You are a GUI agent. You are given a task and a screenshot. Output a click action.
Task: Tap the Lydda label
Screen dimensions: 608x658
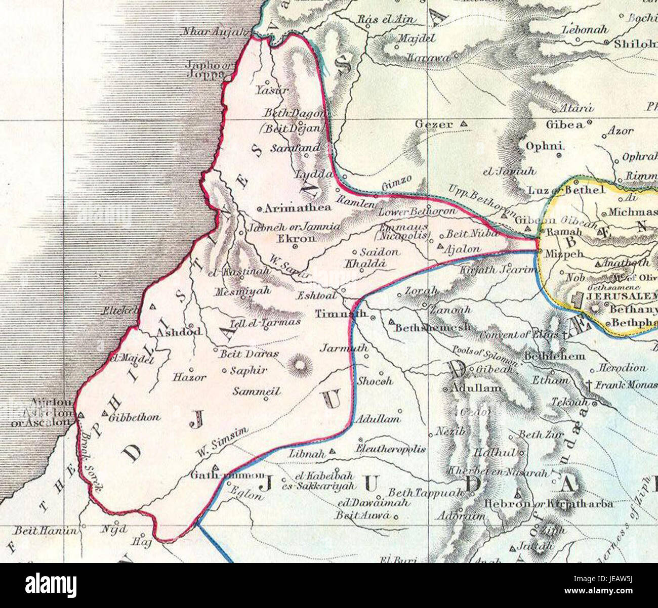click(x=314, y=175)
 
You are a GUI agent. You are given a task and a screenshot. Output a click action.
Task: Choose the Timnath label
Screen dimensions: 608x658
click(x=341, y=314)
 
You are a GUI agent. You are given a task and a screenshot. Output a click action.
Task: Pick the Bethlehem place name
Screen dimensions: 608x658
click(x=554, y=356)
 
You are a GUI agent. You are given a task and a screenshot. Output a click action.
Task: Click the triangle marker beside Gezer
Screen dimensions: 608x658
click(x=463, y=124)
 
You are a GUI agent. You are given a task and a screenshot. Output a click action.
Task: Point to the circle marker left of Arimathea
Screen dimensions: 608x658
click(x=260, y=208)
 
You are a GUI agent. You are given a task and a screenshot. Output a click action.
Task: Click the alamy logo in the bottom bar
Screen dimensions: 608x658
click(x=52, y=585)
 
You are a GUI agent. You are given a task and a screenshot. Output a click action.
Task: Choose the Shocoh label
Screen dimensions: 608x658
click(x=375, y=381)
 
